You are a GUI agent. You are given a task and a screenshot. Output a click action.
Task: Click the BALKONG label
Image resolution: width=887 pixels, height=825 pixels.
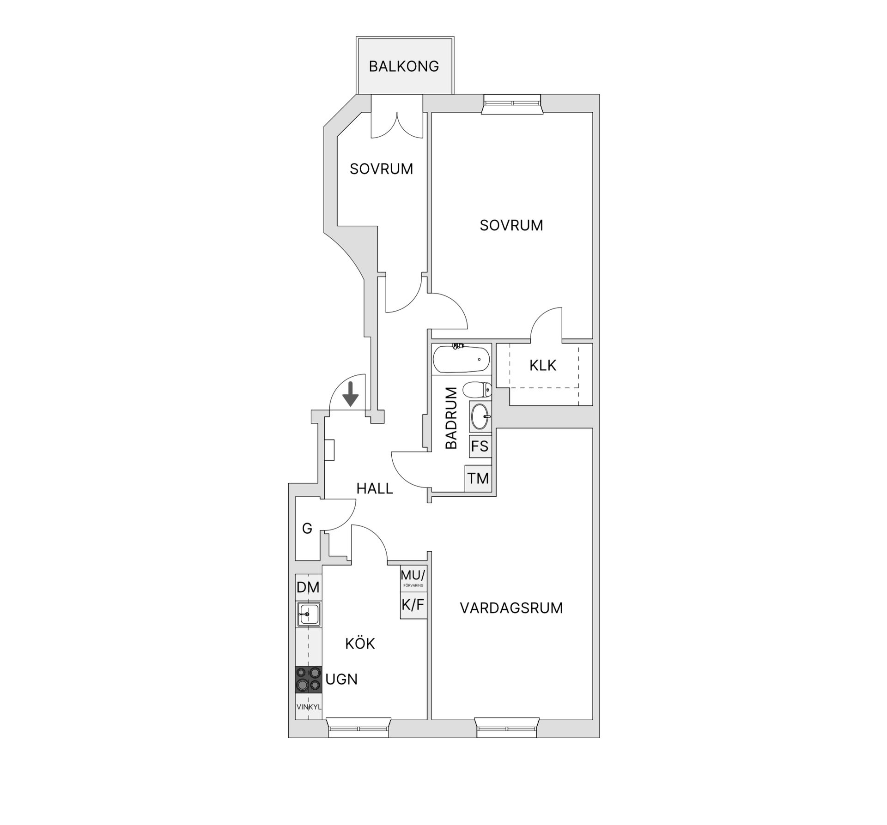(404, 66)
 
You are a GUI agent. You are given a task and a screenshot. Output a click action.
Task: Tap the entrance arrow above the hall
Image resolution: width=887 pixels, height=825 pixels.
(351, 394)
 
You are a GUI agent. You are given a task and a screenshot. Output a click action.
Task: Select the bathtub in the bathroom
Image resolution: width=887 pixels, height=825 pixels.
(461, 359)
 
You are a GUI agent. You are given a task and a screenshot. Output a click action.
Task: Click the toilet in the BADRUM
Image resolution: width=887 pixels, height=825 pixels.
(477, 390)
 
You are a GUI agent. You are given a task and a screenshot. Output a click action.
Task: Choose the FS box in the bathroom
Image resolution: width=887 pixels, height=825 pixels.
(480, 446)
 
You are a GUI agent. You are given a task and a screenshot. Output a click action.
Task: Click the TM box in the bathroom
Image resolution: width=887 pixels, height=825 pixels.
(478, 478)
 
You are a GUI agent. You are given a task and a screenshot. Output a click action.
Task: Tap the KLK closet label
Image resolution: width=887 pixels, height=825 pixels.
(543, 366)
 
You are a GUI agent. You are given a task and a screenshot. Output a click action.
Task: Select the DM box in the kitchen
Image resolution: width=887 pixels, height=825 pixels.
(308, 587)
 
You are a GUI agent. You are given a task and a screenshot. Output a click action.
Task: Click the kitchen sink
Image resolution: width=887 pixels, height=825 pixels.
(309, 614)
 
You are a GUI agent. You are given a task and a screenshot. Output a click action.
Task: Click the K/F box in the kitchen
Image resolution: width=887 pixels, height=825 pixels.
(413, 605)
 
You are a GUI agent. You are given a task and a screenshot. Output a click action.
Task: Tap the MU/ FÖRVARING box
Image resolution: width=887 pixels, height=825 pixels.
(413, 578)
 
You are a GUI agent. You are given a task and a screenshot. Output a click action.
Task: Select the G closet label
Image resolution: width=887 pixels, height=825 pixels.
(307, 528)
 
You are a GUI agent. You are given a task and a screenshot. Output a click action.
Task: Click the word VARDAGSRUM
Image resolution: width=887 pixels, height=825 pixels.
(511, 608)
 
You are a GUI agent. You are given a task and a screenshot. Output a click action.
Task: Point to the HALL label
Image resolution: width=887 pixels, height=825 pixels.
(375, 488)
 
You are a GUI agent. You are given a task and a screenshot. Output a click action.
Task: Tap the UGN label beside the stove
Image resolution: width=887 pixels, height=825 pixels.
(341, 679)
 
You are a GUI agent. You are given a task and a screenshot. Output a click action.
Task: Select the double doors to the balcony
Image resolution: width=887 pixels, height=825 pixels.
(397, 125)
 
